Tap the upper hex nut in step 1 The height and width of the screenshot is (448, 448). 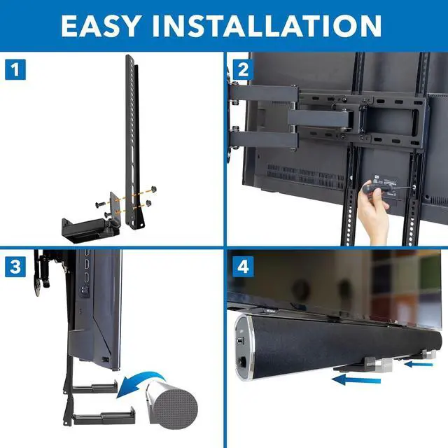pyautogui.click(x=153, y=189)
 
